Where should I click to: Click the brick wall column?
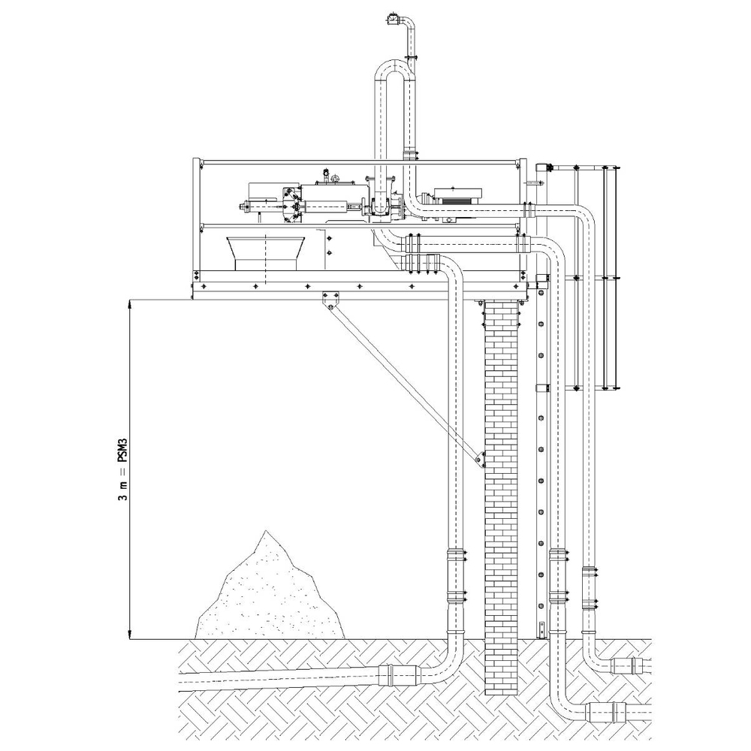click(x=502, y=497)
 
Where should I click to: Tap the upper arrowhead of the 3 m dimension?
click(x=129, y=303)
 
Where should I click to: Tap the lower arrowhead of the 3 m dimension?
click(x=129, y=635)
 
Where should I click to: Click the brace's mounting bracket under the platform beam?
click(x=330, y=301)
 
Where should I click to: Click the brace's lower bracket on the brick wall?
click(x=480, y=458)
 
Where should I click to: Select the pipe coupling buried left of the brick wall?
click(x=397, y=675)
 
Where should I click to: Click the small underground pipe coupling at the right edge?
click(x=629, y=665)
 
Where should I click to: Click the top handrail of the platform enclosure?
click(x=360, y=163)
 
